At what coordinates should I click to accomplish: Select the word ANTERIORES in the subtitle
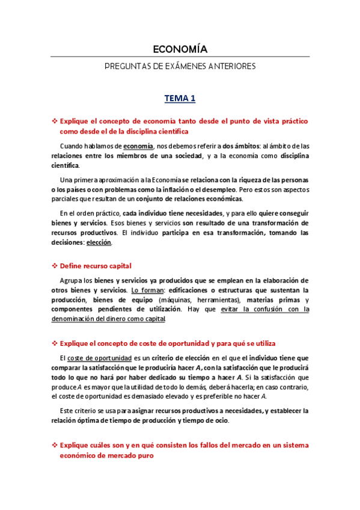tap(231, 66)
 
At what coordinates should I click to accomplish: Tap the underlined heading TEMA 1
tap(180, 98)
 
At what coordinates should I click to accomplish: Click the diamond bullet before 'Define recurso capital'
tap(55, 266)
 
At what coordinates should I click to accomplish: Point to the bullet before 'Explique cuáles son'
tap(55, 446)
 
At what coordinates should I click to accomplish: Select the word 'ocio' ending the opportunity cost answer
tap(221, 421)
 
